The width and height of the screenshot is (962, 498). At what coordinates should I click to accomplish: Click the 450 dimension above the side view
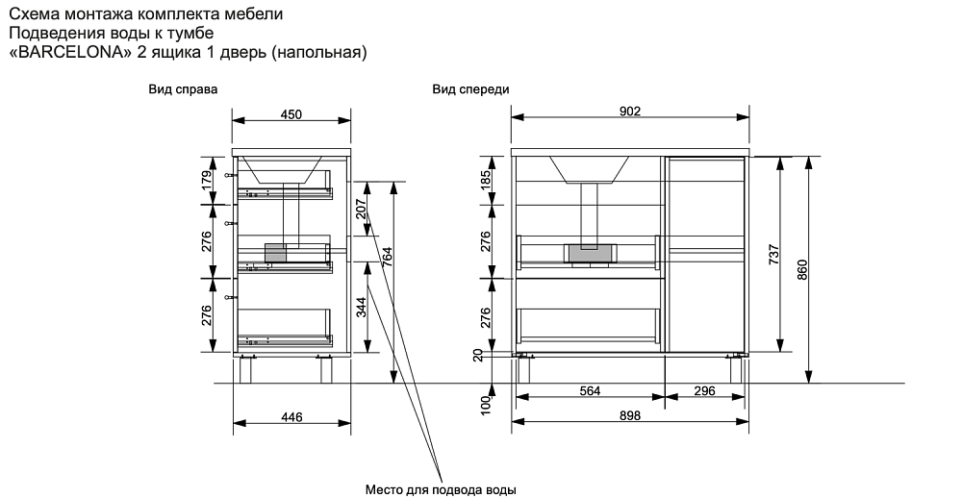click(x=291, y=114)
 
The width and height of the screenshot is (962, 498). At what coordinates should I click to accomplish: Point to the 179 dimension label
click(x=207, y=180)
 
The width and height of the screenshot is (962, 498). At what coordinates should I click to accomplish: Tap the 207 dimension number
click(x=361, y=209)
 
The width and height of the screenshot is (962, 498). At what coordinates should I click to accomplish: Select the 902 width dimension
click(x=629, y=112)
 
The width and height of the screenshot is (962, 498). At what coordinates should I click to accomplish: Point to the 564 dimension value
click(x=591, y=390)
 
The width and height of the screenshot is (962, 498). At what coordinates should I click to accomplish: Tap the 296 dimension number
click(x=705, y=390)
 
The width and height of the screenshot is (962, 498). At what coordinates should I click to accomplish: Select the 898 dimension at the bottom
click(x=629, y=416)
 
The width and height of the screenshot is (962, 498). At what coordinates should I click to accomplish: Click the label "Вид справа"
click(x=182, y=89)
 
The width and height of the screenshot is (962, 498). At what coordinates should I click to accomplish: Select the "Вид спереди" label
click(x=470, y=89)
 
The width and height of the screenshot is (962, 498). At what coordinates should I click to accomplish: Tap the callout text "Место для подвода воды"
click(x=441, y=489)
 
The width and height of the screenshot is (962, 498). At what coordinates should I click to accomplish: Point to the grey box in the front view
click(x=591, y=253)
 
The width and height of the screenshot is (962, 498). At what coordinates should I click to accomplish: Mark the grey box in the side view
click(x=275, y=253)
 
